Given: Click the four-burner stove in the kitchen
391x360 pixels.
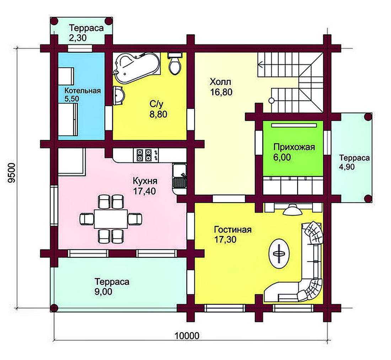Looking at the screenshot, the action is [x=145, y=155].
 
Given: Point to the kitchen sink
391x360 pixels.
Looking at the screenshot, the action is [x=179, y=176].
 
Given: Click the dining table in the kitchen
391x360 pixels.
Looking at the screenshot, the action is [x=111, y=219].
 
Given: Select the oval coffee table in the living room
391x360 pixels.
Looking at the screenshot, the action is [x=279, y=254].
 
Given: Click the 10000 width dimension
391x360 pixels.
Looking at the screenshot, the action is [x=187, y=336].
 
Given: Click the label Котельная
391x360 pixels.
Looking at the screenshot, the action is [x=82, y=90].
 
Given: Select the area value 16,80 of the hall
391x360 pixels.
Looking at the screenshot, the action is [x=221, y=92].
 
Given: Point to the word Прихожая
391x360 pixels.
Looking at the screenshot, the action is [x=294, y=147].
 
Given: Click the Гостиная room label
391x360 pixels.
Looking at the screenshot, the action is [x=233, y=229].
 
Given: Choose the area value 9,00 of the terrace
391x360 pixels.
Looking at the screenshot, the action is [x=103, y=291].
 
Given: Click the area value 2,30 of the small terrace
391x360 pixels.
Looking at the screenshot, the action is [x=77, y=38].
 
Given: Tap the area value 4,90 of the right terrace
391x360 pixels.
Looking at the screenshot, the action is [x=347, y=166].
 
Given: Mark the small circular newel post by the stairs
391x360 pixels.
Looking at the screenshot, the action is [x=271, y=101].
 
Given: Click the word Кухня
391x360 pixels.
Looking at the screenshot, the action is [x=145, y=181].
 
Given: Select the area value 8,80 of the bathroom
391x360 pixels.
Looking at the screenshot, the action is [x=158, y=114].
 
